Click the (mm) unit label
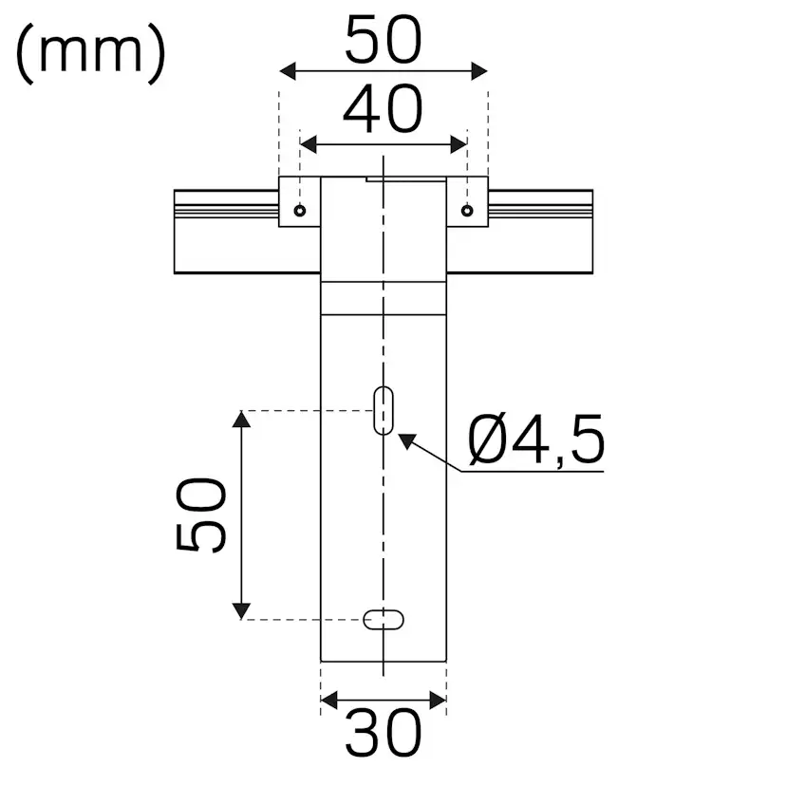pyautogui.click(x=91, y=53)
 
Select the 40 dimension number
pyautogui.click(x=383, y=110)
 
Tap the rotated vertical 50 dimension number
pyautogui.click(x=202, y=515)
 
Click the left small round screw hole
pyautogui.click(x=300, y=211)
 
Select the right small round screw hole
pyautogui.click(x=466, y=211)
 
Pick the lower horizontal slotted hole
pyautogui.click(x=384, y=619)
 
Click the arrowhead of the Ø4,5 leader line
pyautogui.click(x=406, y=440)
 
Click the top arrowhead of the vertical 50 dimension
pyautogui.click(x=243, y=420)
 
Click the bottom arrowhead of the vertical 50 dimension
pyautogui.click(x=243, y=609)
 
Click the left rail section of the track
pyautogui.click(x=226, y=233)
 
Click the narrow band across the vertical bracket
pyautogui.click(x=383, y=297)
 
